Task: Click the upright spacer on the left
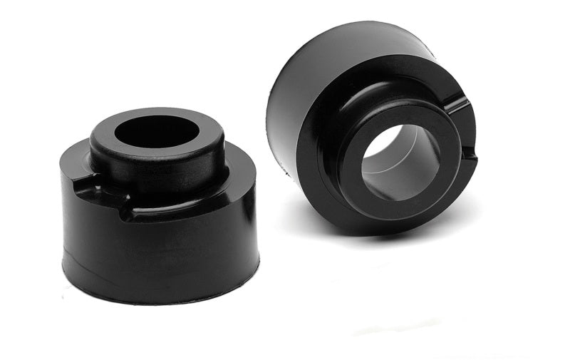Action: (x=158, y=214)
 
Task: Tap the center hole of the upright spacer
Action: (x=157, y=131)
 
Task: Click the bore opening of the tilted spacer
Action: (x=399, y=161)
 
